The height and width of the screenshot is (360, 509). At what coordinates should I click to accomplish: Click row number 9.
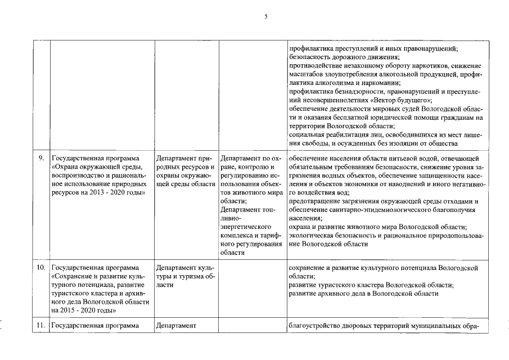click(42, 159)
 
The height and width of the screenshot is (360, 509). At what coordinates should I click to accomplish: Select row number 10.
click(40, 268)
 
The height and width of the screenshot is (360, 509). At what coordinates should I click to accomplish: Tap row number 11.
click(40, 325)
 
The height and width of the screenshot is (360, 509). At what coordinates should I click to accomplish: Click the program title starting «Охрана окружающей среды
click(97, 167)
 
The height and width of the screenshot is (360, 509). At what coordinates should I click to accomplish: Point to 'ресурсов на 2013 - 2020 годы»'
click(98, 192)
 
